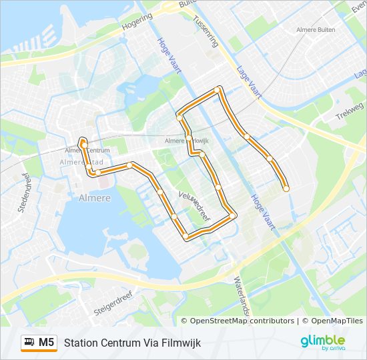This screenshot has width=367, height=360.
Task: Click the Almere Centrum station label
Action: pos(87,151)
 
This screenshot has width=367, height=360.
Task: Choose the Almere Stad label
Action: pos(81,161)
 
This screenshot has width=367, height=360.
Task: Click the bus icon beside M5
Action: pos(29,343)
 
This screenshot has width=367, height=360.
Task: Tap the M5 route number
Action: pos(46,343)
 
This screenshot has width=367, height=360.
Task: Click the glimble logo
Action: pos(322,342)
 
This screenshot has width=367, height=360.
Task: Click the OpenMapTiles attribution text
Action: pos(332,321)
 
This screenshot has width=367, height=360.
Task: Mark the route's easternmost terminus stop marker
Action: pos(286,189)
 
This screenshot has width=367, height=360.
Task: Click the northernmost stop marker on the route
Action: pos(218,89)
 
